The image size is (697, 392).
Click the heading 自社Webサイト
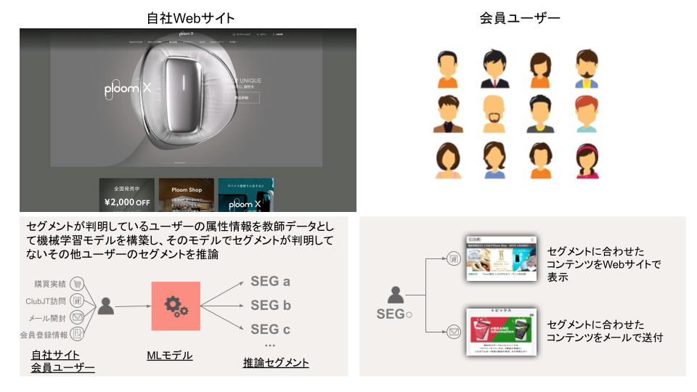pos(190,17)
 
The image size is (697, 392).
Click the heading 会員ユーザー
pos(520,17)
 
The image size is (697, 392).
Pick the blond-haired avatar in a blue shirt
pos(587,70)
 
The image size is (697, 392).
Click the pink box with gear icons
pos(176,306)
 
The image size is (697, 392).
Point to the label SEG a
pos(270,282)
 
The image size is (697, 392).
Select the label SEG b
pos(270,305)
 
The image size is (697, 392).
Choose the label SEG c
pos(270,329)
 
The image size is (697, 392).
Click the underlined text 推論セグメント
pos(276,362)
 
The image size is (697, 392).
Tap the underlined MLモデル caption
pos(170,355)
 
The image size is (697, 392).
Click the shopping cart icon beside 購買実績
pos(77,284)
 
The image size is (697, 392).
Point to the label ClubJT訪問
pos(45,301)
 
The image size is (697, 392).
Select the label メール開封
pos(48,317)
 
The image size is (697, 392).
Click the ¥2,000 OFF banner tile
pos(126,195)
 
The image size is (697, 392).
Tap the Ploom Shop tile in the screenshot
pos(186,195)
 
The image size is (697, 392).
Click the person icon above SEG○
pos(395,295)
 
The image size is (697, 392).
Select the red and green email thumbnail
pos(500,332)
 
